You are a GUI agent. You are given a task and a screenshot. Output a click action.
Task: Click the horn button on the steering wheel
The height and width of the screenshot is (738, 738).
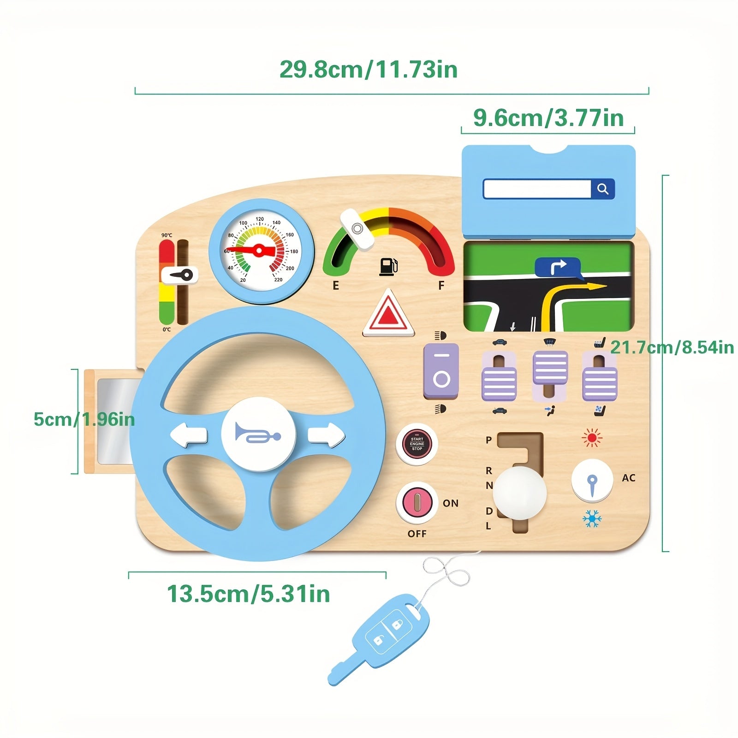click(258, 434)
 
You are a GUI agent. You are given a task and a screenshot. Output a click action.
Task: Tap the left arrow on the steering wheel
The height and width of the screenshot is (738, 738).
click(189, 435)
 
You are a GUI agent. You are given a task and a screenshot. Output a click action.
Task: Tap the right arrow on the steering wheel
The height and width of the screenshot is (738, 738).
click(326, 435)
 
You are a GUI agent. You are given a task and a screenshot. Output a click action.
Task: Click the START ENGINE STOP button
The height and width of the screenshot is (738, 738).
click(417, 444)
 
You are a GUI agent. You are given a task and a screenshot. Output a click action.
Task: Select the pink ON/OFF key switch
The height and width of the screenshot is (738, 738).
click(417, 502)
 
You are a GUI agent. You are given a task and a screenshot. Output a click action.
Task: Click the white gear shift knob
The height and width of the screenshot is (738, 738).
click(519, 492)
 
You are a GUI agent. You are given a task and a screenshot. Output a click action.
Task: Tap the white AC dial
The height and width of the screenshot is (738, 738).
click(592, 481)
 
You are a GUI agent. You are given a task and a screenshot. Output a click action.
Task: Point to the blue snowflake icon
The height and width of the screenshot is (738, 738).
click(592, 519)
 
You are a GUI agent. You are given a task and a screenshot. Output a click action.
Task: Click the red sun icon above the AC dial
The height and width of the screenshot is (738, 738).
click(592, 438)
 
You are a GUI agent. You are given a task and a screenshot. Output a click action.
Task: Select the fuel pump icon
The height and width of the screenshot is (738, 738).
click(388, 267)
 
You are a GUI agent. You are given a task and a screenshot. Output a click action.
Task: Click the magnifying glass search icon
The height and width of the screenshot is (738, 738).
click(602, 189)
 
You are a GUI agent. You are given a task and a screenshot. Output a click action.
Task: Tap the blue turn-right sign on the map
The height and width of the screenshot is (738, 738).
click(558, 268)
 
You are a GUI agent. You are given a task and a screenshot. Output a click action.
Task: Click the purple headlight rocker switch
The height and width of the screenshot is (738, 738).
click(441, 372)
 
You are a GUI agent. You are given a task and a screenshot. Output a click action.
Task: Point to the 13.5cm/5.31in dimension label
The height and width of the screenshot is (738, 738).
click(248, 594)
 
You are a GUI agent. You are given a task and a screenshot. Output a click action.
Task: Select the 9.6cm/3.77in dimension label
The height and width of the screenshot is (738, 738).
click(548, 118)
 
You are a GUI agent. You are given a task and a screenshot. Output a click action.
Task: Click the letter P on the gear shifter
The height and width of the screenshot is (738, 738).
click(489, 440)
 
